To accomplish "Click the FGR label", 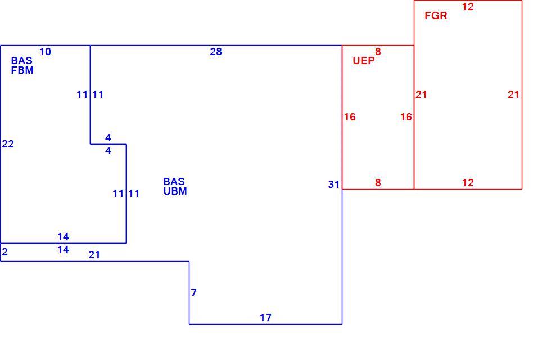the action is (x=436, y=16).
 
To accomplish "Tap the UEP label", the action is (x=364, y=61).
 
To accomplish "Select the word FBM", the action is (x=22, y=70).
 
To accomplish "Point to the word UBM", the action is (x=175, y=191).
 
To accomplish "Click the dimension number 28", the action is (x=216, y=52).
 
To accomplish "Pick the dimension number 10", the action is (x=45, y=52).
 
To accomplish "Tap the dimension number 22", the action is (x=8, y=144).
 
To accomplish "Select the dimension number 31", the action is (x=334, y=184).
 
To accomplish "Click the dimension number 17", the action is (x=265, y=318).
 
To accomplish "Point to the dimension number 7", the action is (x=194, y=292).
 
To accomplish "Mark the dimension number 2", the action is (x=5, y=252).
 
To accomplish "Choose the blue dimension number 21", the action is (x=94, y=254).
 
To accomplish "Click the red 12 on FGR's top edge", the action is (x=468, y=7).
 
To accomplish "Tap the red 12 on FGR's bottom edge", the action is (x=468, y=182).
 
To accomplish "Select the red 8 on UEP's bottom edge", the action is (x=378, y=182).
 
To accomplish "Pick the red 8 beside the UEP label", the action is (x=378, y=52).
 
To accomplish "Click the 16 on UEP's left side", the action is (x=350, y=117).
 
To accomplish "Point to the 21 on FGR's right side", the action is (x=513, y=94).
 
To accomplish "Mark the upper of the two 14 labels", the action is (x=63, y=237).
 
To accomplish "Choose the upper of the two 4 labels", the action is (x=108, y=137).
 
